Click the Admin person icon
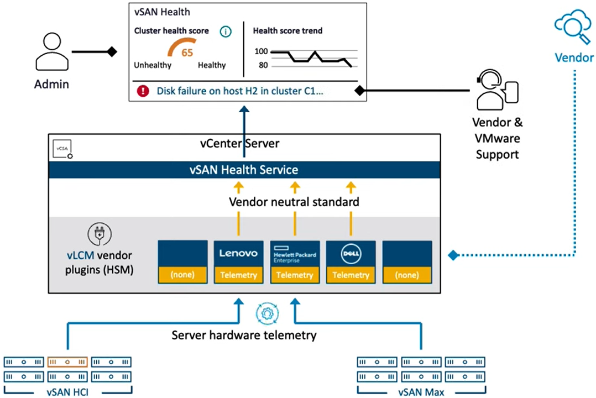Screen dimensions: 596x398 tap(52, 52)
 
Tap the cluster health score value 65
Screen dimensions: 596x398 tap(187, 53)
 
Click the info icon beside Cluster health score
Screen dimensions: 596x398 tap(226, 32)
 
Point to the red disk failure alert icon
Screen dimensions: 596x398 tap(143, 91)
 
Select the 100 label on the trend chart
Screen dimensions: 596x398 tap(261, 51)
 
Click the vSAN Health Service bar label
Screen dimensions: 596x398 tap(244, 170)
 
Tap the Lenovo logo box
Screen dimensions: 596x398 tap(238, 253)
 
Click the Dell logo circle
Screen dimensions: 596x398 tap(351, 254)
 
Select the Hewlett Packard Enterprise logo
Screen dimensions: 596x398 tap(295, 254)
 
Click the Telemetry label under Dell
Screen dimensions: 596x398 tap(351, 275)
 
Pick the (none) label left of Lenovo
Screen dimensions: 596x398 tap(182, 275)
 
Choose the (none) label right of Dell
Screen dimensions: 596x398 tap(407, 275)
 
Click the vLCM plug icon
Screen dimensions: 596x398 tap(100, 234)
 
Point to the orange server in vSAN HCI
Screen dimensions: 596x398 tap(67, 362)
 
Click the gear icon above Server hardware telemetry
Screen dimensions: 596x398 tap(267, 313)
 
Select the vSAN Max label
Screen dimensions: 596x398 tap(421, 392)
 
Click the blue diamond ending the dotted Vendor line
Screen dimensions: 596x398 tap(453, 255)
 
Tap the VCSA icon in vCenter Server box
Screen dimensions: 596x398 tap(62, 149)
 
